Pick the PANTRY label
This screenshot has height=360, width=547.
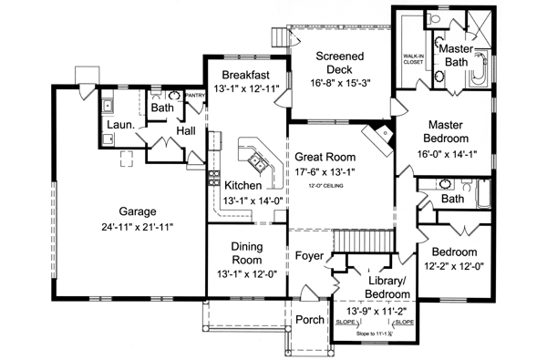[x=196, y=94]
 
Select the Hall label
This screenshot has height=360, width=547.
[x=186, y=132]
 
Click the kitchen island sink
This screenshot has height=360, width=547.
[x=260, y=163]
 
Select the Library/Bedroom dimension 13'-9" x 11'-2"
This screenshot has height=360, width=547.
[x=376, y=311]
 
